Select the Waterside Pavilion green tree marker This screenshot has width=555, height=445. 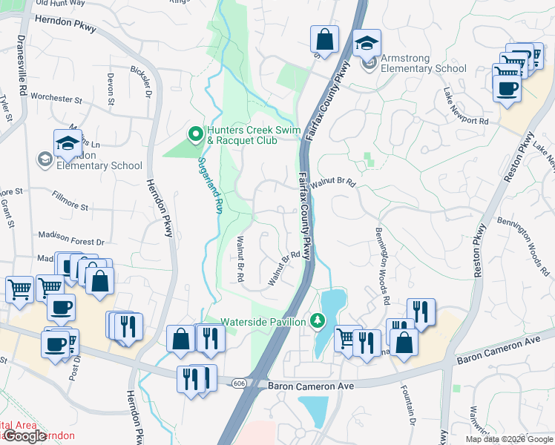pos(318,320)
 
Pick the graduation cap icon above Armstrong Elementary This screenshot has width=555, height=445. pos(366,44)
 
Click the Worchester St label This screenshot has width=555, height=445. pos(56,98)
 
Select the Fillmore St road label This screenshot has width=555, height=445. pos(70,199)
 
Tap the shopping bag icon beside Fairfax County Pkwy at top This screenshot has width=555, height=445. pos(324,39)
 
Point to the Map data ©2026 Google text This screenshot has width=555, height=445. pos(509,439)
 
